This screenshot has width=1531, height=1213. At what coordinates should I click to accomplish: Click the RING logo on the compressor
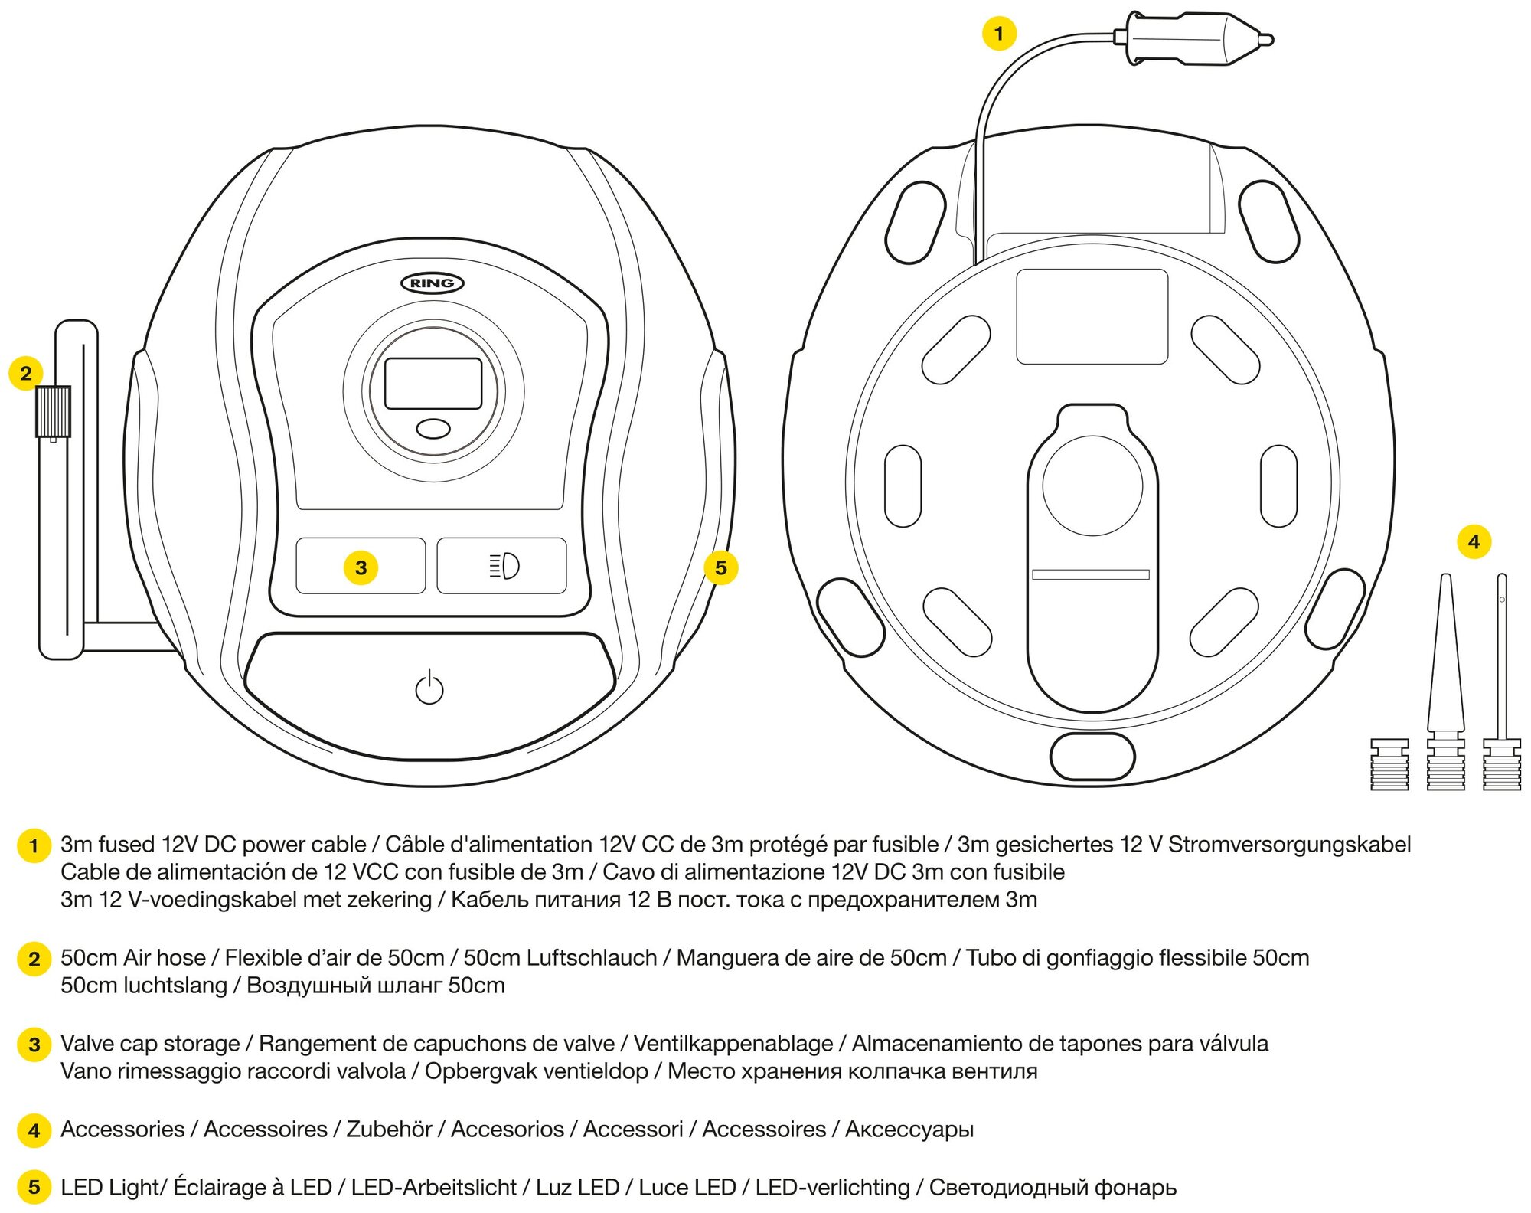(433, 283)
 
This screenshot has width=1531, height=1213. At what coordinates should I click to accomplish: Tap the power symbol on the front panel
(429, 687)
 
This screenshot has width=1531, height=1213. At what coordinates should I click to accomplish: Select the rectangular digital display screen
(433, 384)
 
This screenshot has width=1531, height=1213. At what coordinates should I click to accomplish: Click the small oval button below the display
(433, 428)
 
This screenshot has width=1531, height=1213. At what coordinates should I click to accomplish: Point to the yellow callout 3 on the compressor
(361, 567)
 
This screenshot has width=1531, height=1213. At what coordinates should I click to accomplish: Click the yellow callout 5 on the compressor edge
(720, 567)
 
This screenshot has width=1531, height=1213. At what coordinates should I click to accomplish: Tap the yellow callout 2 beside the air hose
(26, 373)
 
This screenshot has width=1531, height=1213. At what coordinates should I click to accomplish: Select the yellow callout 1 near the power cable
(998, 34)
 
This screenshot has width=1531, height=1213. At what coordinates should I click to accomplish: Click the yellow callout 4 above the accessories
(1474, 542)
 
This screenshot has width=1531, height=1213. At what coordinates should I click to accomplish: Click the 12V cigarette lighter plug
(1194, 38)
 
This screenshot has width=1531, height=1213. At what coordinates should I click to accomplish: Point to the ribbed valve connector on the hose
(53, 411)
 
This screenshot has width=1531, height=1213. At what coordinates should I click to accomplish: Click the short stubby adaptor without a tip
(1389, 764)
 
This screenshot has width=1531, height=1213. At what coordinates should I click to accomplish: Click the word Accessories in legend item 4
(122, 1129)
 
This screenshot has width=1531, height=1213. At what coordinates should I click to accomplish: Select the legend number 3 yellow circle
(34, 1045)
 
